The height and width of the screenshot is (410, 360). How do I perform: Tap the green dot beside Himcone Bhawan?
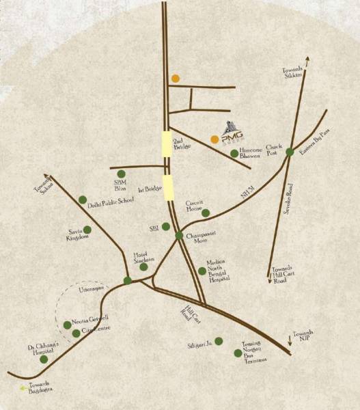click(234, 153)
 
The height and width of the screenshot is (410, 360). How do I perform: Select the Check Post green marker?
click(290, 152)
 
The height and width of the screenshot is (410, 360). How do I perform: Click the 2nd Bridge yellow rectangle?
click(167, 143)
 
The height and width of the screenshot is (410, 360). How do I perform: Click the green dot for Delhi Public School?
click(83, 200)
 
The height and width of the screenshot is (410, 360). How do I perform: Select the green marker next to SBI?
click(165, 226)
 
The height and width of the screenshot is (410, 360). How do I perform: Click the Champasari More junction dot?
click(179, 236)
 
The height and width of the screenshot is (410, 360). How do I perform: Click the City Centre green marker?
click(76, 333)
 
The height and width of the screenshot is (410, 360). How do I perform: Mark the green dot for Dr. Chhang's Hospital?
click(44, 359)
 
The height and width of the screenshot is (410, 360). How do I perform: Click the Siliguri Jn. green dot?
click(219, 340)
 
